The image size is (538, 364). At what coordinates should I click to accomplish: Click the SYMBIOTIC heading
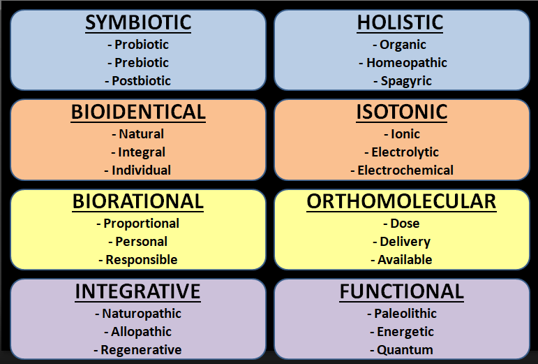click(x=138, y=22)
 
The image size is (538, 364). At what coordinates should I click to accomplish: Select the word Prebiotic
click(x=142, y=62)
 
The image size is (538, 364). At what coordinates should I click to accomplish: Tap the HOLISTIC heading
click(x=400, y=22)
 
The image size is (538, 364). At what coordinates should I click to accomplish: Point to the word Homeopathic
click(x=407, y=62)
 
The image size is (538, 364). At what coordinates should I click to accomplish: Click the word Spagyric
click(x=406, y=80)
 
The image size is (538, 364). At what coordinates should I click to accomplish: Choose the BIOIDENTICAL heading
click(x=138, y=112)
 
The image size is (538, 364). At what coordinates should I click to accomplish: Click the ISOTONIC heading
click(x=401, y=112)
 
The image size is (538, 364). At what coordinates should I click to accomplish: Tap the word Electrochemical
click(x=405, y=170)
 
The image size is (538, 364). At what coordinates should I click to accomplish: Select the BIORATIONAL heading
click(x=138, y=202)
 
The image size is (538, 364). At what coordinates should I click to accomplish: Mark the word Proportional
click(x=141, y=224)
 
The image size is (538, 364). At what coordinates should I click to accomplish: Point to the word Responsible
click(x=142, y=260)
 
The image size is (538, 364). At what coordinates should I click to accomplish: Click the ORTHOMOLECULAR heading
click(x=401, y=202)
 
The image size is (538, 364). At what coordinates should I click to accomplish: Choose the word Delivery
click(x=405, y=242)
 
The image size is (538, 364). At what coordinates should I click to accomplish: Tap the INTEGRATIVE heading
click(x=138, y=291)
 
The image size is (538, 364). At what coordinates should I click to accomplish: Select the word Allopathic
click(x=141, y=332)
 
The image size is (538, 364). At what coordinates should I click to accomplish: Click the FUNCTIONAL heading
click(x=401, y=291)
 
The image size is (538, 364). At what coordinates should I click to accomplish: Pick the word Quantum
click(x=405, y=350)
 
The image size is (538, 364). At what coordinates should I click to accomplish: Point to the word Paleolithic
click(x=405, y=314)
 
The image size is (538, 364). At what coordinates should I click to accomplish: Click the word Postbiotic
click(x=142, y=80)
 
